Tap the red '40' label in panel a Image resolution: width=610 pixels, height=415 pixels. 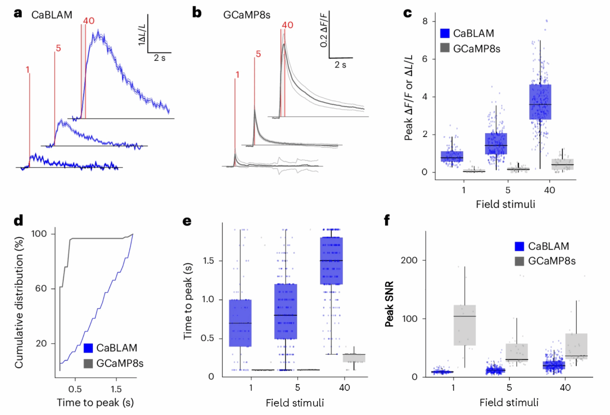point(89,21)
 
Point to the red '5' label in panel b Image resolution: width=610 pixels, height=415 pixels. point(258,54)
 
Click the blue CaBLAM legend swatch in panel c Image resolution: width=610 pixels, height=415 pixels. point(446,34)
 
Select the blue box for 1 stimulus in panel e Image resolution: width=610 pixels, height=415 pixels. point(239,323)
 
